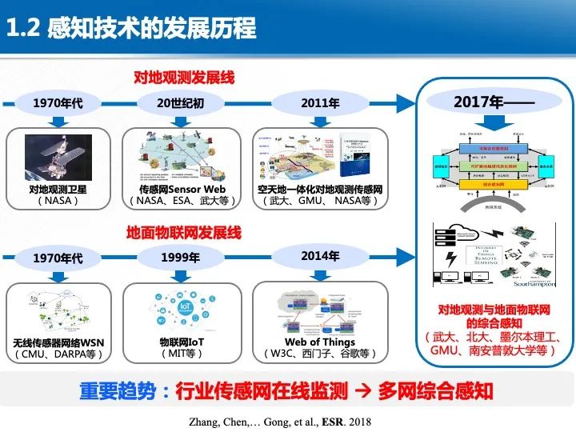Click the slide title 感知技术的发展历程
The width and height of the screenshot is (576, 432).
pyautogui.click(x=152, y=28)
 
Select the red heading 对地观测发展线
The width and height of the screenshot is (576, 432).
pyautogui.click(x=183, y=78)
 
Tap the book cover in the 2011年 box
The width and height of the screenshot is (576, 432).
pyautogui.click(x=355, y=154)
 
